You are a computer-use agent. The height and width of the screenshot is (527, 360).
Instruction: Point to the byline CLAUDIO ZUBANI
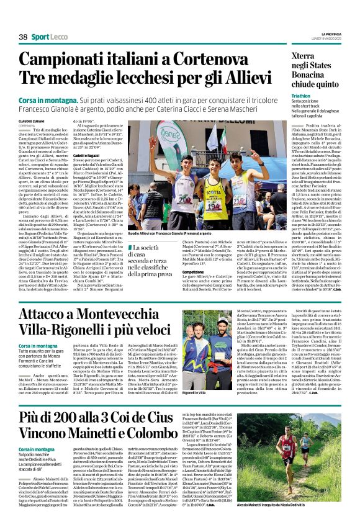tap(32, 120)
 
